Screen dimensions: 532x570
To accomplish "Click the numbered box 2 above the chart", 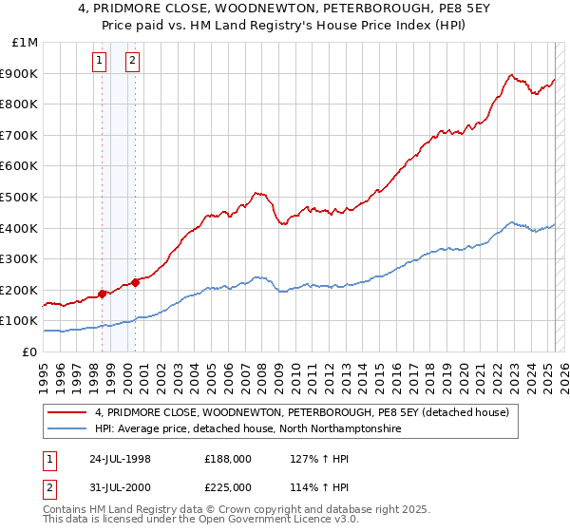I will coord(132,62).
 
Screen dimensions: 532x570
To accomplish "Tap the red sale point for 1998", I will coord(103,294).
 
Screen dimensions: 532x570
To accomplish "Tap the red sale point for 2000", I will coord(136,281).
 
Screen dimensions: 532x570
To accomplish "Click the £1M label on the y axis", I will coord(25,42).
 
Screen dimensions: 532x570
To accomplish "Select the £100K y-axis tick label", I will coord(19,321).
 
